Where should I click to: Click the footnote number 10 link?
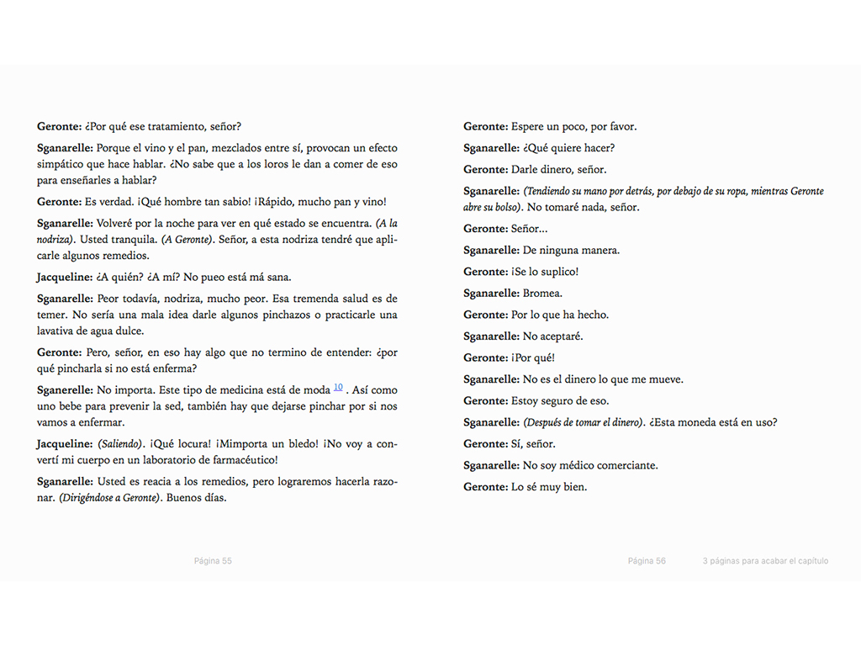pos(338,387)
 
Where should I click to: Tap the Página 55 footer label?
pos(213,561)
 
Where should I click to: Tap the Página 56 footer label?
pos(647,561)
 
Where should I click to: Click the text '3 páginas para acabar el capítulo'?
pos(765,561)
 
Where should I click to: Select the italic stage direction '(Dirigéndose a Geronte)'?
pos(109,497)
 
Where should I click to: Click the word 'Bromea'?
pos(542,294)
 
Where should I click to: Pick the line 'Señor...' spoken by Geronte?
pos(530,229)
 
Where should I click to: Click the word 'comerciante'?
pos(626,465)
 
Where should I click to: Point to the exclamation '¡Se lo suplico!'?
pos(545,272)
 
